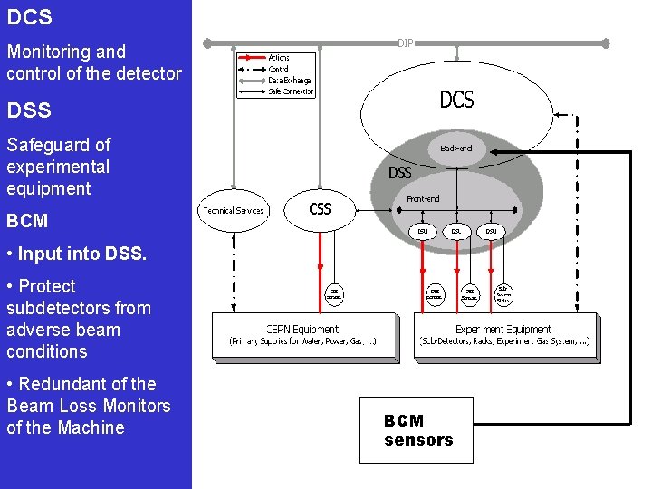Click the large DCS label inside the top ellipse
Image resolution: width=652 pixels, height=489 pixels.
pyautogui.click(x=456, y=100)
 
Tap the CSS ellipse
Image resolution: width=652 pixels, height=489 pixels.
pyautogui.click(x=321, y=210)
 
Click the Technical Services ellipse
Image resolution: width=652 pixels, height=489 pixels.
pyautogui.click(x=232, y=210)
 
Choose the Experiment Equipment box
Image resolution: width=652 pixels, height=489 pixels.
pyautogui.click(x=504, y=335)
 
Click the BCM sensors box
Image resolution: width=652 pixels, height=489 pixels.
pyautogui.click(x=416, y=430)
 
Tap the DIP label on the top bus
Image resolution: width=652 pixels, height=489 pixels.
pyautogui.click(x=405, y=43)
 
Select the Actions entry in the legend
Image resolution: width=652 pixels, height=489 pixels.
pyautogui.click(x=279, y=57)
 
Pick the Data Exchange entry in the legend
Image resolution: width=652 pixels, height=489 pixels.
pyautogui.click(x=289, y=80)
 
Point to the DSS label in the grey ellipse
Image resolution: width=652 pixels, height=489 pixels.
pyautogui.click(x=399, y=172)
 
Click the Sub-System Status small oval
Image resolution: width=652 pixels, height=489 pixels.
pyautogui.click(x=503, y=294)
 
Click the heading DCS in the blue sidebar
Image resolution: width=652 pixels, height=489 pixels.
pyautogui.click(x=29, y=17)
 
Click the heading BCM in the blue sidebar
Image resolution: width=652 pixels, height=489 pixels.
pyautogui.click(x=27, y=221)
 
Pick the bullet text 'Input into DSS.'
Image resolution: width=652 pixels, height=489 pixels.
pyautogui.click(x=76, y=254)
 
